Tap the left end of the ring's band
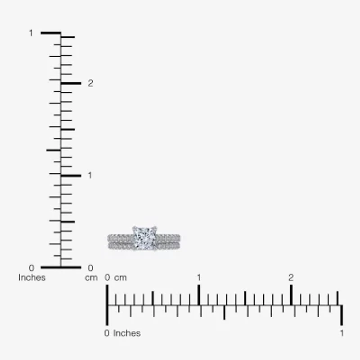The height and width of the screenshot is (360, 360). [109, 242]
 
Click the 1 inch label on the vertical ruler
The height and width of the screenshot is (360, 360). [31, 33]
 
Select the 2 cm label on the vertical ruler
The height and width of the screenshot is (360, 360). [90, 83]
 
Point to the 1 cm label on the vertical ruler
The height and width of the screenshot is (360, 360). [90, 175]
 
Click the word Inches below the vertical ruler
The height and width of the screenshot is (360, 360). [32, 278]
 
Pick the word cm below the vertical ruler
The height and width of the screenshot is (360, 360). [91, 278]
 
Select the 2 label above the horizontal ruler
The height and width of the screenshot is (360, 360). [291, 278]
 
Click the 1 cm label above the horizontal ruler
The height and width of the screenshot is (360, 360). [198, 278]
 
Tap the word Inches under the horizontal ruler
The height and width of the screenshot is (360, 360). [127, 333]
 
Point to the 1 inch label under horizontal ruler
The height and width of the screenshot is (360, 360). [342, 333]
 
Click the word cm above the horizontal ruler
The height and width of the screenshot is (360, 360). [120, 278]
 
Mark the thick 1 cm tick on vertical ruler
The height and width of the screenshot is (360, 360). [71, 175]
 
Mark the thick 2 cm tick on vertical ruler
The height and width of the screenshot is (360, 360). [71, 83]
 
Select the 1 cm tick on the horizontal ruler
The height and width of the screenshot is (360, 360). [198, 295]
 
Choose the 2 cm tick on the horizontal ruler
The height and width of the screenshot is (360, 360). [291, 295]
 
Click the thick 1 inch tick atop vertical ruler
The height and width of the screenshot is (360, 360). [50, 33]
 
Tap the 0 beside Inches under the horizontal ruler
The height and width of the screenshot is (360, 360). [107, 333]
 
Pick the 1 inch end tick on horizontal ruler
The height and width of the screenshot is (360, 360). [342, 315]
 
